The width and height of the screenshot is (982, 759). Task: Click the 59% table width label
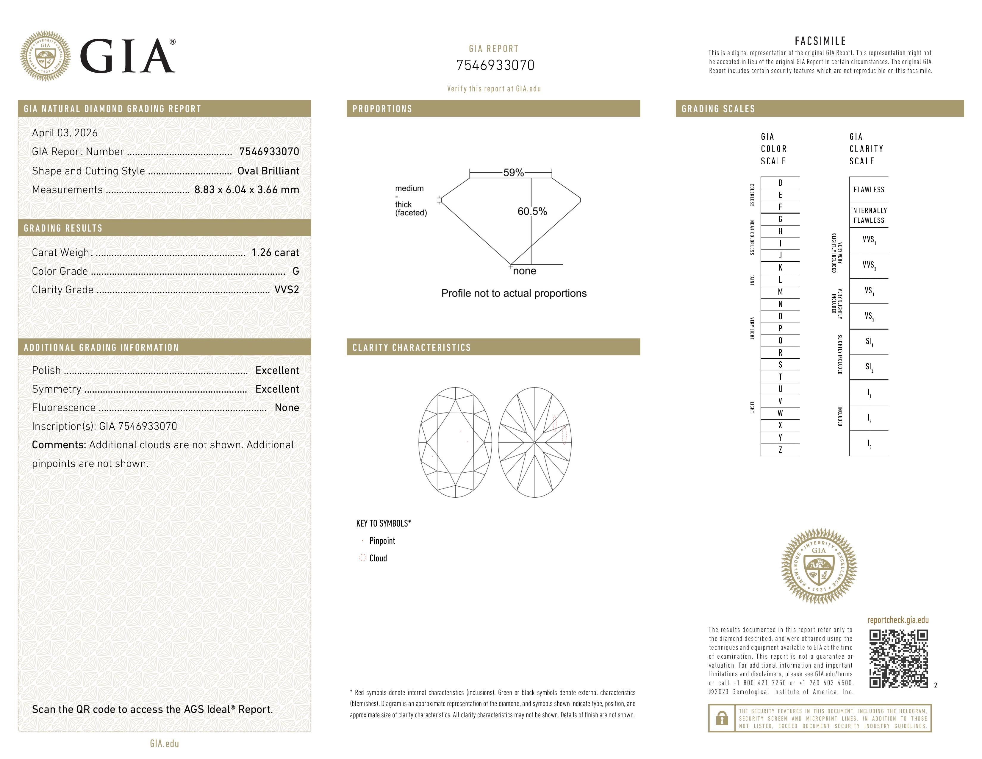[x=513, y=173]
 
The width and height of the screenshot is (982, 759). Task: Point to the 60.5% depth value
[x=532, y=211]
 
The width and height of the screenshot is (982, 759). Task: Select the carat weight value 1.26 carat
[x=275, y=253]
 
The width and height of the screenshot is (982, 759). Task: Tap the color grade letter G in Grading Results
[x=295, y=271]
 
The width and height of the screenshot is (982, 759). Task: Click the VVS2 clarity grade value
[x=286, y=290]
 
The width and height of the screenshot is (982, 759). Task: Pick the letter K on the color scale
[x=780, y=268]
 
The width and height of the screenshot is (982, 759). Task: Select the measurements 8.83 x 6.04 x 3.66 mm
[x=246, y=190]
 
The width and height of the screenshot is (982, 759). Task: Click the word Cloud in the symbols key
[x=378, y=558]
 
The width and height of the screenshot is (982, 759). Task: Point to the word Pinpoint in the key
[x=382, y=541]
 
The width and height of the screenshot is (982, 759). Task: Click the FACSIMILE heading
[x=820, y=41]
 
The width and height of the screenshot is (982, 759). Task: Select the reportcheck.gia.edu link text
[x=897, y=620]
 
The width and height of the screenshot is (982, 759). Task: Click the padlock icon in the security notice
[x=722, y=718]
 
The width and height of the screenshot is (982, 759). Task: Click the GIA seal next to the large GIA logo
[x=45, y=56]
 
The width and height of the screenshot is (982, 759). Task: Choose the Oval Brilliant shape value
[x=268, y=171]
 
